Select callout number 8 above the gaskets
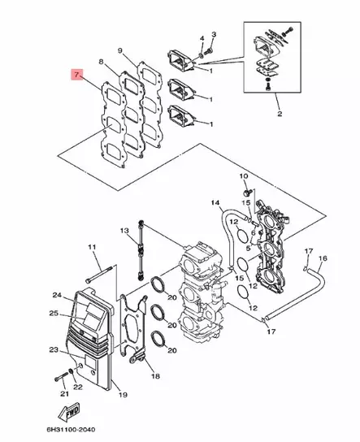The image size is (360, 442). point(101,62)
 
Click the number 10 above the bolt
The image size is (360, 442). point(244,177)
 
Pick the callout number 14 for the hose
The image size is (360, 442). point(215,201)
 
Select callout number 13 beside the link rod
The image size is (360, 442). point(125,232)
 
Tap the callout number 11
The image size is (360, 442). point(92,247)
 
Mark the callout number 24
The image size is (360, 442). point(57,295)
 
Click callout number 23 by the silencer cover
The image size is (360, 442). point(53,350)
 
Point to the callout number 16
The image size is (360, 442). point(322,258)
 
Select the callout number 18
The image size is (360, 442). point(154,376)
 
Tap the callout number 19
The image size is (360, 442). point(124,395)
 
